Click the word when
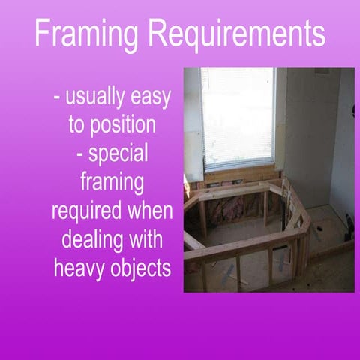[x=150, y=211]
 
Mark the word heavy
[x=75, y=267]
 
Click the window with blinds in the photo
[x=237, y=116]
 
